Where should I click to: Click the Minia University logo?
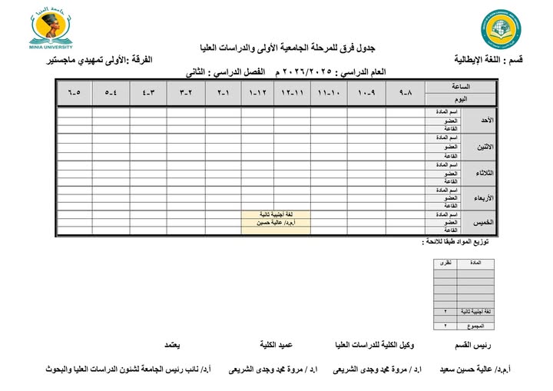point(53,29)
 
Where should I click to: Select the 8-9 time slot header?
point(406,93)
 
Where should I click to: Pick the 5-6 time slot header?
point(74,93)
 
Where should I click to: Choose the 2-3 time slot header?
point(185,93)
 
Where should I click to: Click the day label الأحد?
point(486,121)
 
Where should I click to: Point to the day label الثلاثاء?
point(485,171)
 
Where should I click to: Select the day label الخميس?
point(485,222)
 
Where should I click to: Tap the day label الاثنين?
point(485,146)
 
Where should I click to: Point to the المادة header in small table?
point(475,263)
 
